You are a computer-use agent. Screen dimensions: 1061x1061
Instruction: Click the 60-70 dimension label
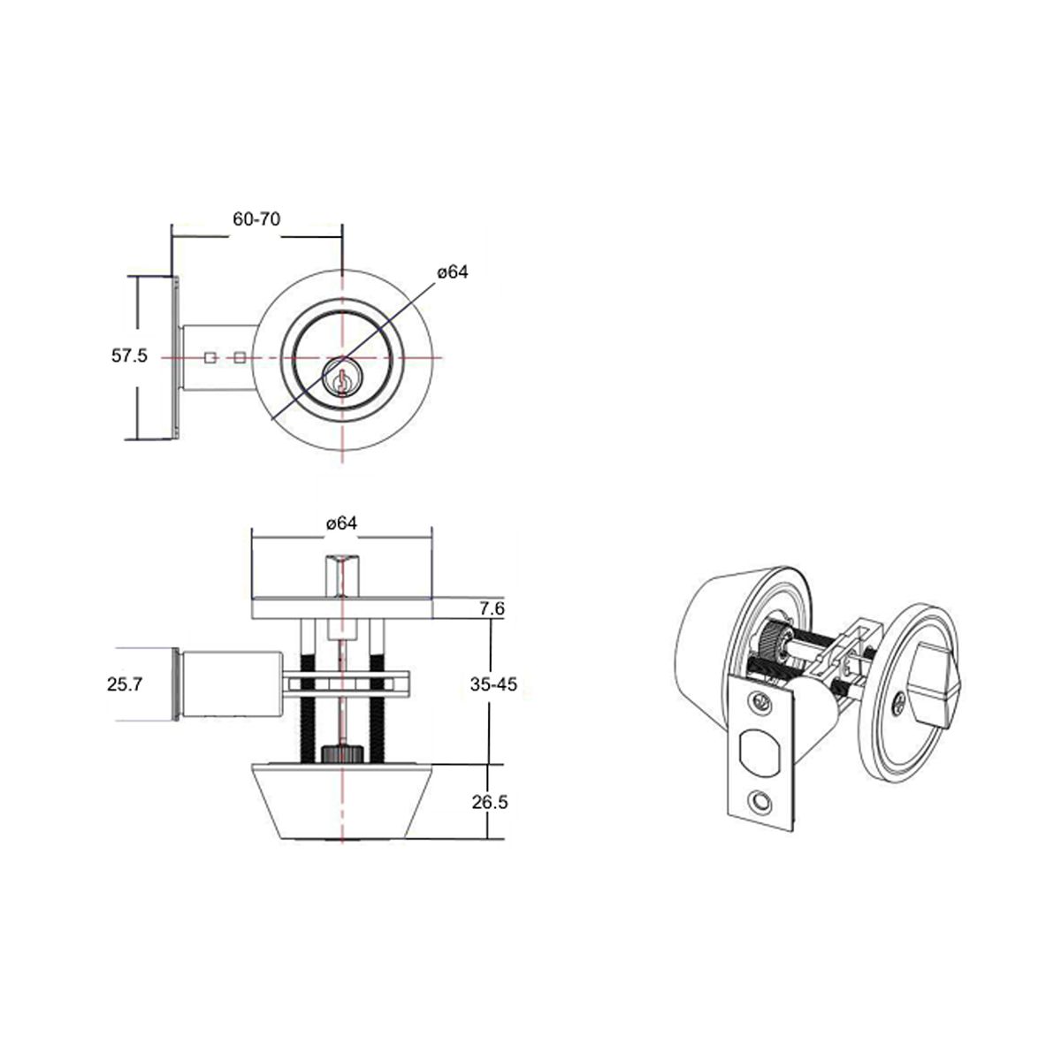(x=256, y=219)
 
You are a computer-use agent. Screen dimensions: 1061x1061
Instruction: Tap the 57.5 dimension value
(x=129, y=355)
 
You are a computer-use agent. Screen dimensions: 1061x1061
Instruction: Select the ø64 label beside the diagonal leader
(x=453, y=272)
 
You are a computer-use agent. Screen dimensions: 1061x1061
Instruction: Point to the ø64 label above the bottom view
(x=341, y=523)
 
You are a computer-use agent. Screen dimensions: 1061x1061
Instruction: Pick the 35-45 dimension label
(x=494, y=684)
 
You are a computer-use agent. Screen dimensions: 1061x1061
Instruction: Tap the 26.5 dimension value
(x=490, y=803)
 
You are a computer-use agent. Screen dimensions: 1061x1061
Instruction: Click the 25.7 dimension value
(x=125, y=684)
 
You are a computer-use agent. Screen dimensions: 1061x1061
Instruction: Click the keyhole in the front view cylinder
(x=342, y=379)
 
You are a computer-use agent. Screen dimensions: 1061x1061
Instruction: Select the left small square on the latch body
(x=210, y=358)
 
